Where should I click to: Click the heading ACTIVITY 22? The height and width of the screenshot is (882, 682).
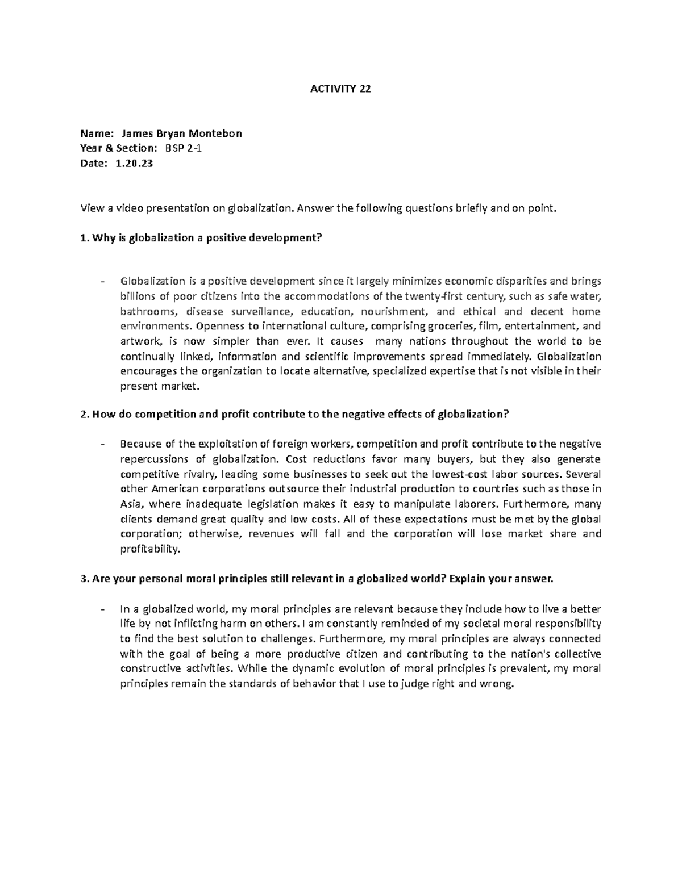(x=340, y=89)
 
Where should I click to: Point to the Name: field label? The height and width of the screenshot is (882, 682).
(x=97, y=133)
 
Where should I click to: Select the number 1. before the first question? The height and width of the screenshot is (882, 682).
(x=85, y=238)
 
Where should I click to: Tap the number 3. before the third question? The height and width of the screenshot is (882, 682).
(x=85, y=579)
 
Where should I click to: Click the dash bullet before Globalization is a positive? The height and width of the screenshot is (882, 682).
(x=102, y=282)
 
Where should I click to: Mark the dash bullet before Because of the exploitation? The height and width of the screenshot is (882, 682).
(x=102, y=444)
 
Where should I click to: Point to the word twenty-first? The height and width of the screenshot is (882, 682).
(x=430, y=296)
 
